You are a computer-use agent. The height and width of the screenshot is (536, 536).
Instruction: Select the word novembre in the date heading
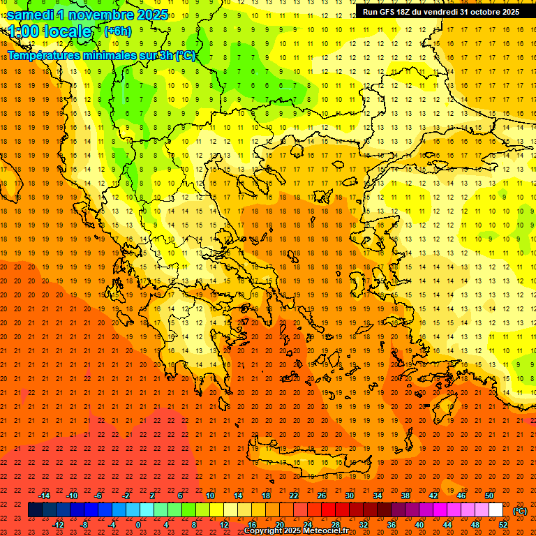click(x=105, y=15)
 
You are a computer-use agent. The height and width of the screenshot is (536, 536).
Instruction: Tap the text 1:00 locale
click(x=50, y=31)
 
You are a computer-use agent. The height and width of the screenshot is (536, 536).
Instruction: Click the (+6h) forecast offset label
click(x=117, y=31)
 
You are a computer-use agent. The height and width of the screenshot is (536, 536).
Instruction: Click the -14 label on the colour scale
click(x=44, y=496)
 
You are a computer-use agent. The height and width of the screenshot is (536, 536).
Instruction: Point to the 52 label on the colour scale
click(x=502, y=525)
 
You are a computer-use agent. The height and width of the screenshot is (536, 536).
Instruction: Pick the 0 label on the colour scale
click(x=138, y=525)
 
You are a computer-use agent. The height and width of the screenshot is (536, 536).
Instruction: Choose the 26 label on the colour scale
click(x=322, y=496)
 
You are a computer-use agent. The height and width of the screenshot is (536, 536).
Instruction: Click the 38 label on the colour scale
click(x=405, y=496)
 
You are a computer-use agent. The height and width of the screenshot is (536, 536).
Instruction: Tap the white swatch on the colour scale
click(x=496, y=510)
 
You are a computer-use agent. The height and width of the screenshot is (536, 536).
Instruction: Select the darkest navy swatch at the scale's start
click(x=35, y=510)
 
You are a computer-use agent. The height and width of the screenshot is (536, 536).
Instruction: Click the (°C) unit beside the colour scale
click(x=519, y=511)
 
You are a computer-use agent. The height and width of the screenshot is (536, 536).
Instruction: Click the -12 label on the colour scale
click(x=58, y=525)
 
